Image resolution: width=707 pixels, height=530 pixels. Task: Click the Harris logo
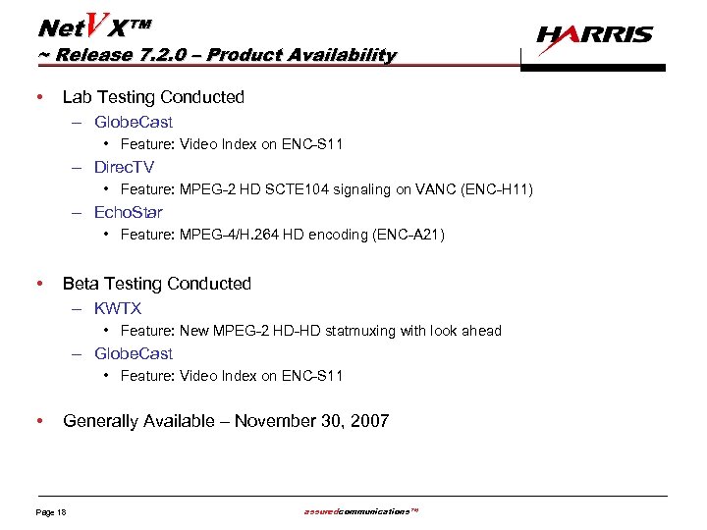(x=594, y=36)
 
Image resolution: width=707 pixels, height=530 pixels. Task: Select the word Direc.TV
(x=124, y=167)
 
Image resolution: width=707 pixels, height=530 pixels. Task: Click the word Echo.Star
(x=129, y=212)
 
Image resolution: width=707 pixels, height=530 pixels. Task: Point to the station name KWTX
(x=118, y=308)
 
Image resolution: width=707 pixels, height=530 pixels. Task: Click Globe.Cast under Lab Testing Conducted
(x=134, y=122)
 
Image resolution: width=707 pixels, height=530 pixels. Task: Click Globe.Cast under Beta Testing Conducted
(x=134, y=353)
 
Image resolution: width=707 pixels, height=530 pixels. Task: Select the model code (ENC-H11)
(x=496, y=189)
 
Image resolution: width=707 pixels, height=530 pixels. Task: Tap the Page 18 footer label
(x=51, y=512)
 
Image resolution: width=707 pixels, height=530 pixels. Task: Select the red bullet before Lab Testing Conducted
(x=37, y=97)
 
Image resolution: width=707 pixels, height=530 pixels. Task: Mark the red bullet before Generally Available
(x=37, y=421)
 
